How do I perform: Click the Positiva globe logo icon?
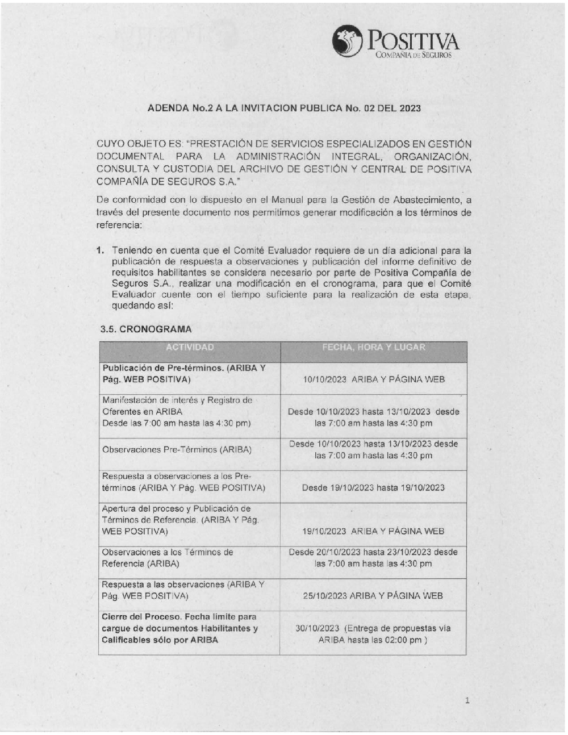click(x=348, y=40)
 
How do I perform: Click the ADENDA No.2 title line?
click(x=284, y=107)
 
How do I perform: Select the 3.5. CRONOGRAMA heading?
click(x=146, y=329)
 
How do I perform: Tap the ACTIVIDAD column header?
click(x=190, y=348)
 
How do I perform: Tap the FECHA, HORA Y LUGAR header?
click(x=373, y=348)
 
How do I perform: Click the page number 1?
click(x=467, y=700)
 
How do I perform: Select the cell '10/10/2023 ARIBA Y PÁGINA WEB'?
click(x=373, y=379)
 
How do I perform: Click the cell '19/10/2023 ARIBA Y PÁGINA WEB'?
click(x=373, y=532)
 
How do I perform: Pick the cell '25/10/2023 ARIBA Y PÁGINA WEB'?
click(x=373, y=596)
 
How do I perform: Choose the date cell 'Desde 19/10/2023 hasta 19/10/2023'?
click(x=373, y=487)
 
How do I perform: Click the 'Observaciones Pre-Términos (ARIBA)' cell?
click(x=177, y=450)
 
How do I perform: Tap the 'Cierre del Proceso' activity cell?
click(x=179, y=628)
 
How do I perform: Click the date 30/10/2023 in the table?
click(x=317, y=628)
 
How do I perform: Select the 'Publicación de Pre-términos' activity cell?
click(x=183, y=374)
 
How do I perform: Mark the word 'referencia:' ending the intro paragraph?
click(x=119, y=225)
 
